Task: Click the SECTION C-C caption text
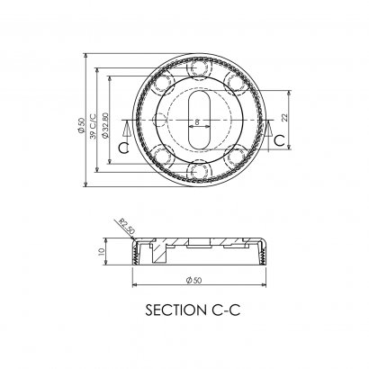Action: [193, 310]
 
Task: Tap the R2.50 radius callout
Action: [126, 226]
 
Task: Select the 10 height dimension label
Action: [101, 251]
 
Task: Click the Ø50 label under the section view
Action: [193, 280]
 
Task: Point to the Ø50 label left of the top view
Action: [81, 125]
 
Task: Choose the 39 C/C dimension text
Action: [93, 127]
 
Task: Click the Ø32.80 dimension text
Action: [105, 125]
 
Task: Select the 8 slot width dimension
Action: [197, 122]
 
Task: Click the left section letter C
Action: [123, 148]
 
